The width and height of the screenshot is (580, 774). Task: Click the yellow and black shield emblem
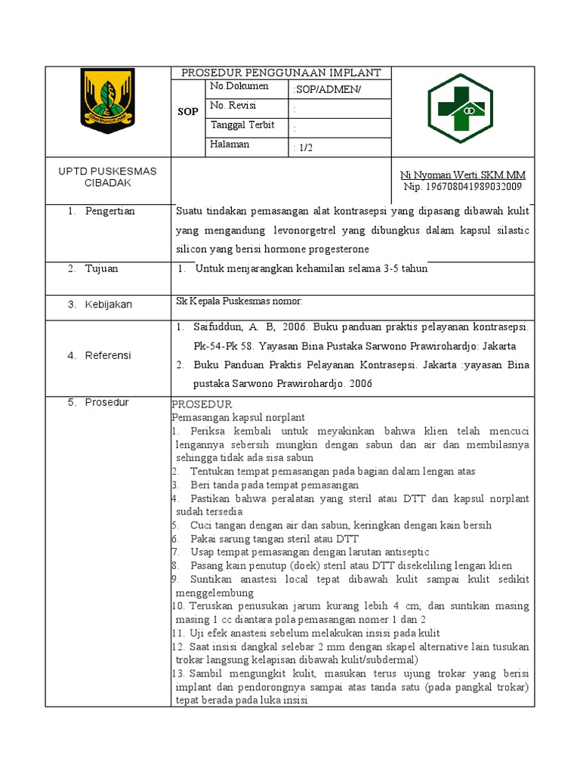pos(107,101)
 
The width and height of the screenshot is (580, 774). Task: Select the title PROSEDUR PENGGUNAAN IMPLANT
pos(281,73)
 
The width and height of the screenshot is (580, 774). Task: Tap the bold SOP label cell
pos(188,111)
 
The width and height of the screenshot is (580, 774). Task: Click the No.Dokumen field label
pos(239,86)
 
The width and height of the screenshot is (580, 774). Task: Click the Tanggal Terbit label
pos(242,125)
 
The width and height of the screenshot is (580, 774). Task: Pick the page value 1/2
pos(303,149)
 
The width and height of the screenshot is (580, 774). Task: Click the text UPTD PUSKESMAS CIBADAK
pos(108,178)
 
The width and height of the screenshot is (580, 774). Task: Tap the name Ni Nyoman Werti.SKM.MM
pos(462,175)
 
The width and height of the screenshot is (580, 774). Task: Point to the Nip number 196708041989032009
pos(462,187)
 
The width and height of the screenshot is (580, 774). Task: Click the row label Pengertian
pos(110,211)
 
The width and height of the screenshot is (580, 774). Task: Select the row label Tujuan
pos(101,268)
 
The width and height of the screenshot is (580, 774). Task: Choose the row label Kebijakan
pos(108,304)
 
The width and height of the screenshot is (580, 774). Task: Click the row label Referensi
pos(107,355)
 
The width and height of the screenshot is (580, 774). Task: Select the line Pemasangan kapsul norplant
pos(238,416)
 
